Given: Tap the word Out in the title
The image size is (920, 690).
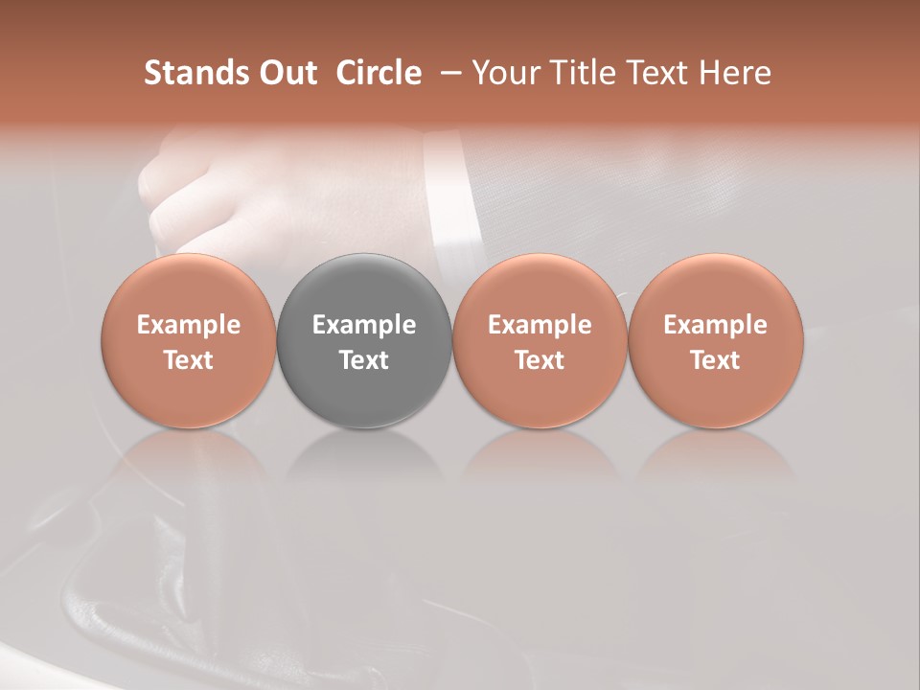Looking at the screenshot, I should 285,73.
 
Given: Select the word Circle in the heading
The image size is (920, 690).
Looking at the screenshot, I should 379,73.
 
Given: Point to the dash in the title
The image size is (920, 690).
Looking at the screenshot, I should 447,74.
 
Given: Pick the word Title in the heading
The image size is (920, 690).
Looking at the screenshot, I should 586,73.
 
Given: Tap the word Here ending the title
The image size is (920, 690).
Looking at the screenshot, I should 735,73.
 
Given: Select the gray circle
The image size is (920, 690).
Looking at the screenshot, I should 364,287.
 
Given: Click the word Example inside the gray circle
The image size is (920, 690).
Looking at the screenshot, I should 364,325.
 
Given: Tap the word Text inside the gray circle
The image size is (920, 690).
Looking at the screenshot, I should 364,360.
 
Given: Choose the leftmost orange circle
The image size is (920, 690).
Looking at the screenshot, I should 188,287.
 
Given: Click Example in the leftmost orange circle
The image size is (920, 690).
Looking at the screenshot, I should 188,325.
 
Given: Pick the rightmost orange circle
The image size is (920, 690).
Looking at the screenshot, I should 715,287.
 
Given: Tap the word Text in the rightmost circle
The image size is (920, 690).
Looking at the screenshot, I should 715,360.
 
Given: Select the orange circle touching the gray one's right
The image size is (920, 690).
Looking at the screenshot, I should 540,287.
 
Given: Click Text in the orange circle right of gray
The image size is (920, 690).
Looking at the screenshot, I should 540,360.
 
